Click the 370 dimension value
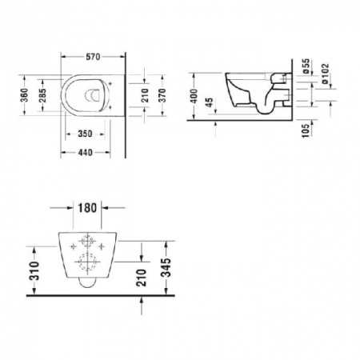click(x=163, y=96)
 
